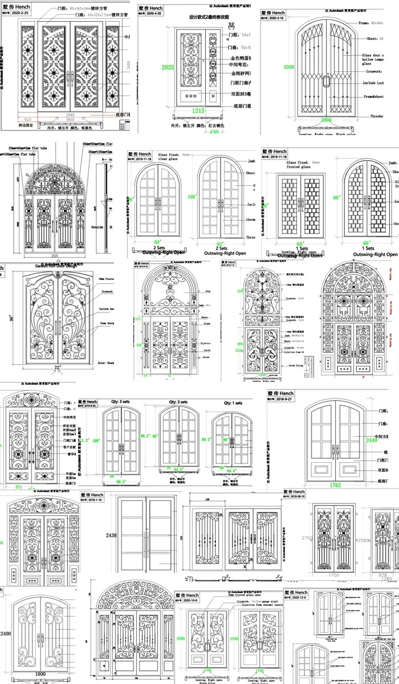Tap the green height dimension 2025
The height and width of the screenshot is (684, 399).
(x=168, y=67)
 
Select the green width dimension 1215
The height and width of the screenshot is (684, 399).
(x=198, y=110)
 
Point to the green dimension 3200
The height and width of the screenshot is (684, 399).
(x=290, y=67)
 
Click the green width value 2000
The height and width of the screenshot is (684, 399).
(x=325, y=120)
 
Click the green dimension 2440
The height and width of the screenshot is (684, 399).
(x=372, y=441)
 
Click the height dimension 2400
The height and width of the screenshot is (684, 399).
(x=6, y=633)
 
